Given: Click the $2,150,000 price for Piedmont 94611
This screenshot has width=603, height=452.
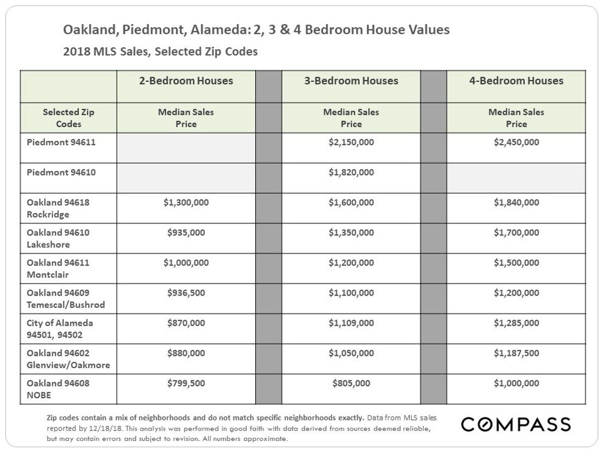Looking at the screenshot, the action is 351,142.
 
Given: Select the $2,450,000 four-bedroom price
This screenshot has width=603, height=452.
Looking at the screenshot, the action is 516,142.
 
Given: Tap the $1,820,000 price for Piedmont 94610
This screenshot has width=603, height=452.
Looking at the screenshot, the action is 351,172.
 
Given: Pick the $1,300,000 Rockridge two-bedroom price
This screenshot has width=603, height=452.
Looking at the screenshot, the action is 186,202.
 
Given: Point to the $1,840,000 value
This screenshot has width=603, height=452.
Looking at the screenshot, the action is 516,202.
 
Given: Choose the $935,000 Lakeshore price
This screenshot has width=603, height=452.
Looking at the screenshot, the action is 186,233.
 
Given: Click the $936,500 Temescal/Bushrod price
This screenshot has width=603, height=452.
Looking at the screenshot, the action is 186,293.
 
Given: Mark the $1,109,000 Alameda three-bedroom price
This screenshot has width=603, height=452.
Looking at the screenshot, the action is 351,323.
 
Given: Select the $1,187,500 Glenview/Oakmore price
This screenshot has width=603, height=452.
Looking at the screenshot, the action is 516,353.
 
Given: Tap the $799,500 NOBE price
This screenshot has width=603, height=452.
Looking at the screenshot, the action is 186,383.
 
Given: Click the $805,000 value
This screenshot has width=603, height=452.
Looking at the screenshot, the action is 351,383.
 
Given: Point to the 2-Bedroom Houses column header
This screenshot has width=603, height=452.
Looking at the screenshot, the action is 186,81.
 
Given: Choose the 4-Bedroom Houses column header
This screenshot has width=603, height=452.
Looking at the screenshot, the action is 516,81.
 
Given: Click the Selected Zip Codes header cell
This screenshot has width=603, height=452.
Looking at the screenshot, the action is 68,118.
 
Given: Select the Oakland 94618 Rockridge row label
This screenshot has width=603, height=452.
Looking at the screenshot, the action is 58,208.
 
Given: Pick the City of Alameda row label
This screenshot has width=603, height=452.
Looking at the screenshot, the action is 60,329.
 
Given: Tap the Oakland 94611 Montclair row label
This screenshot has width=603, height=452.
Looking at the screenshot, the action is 58,268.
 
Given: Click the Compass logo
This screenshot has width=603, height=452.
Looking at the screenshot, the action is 516,424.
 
